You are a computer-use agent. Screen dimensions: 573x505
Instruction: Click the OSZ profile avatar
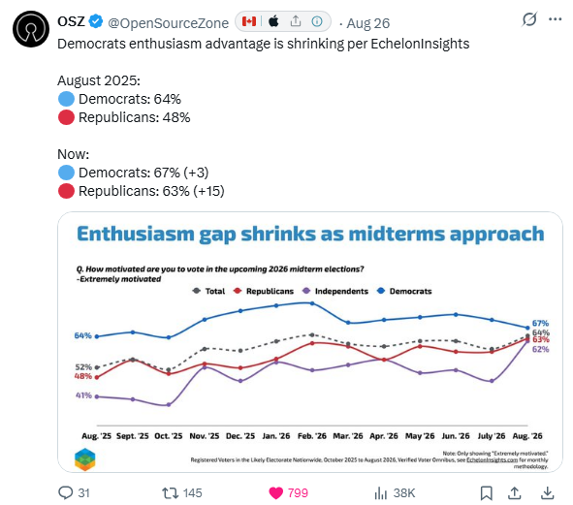[31, 29]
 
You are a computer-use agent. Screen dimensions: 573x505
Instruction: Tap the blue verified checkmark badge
[96, 21]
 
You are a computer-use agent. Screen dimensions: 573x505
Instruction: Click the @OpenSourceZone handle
[169, 23]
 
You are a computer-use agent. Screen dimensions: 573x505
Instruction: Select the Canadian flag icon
[249, 21]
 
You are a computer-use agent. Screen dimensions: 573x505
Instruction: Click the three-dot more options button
[556, 19]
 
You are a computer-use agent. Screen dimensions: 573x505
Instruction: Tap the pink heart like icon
[276, 493]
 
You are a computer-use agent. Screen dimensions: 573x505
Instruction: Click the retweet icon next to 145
[170, 493]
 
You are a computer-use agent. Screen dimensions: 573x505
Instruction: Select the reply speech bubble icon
[66, 493]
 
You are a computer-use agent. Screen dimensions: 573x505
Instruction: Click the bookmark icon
[487, 493]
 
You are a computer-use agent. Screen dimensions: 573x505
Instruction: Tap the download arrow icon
[547, 493]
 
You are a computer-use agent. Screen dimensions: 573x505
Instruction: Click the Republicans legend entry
[264, 291]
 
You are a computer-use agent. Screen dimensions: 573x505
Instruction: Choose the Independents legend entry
[335, 291]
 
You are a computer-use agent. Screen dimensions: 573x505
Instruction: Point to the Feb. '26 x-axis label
[312, 436]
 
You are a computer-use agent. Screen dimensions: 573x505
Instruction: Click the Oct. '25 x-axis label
[168, 436]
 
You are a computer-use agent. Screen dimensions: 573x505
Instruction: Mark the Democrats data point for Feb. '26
[312, 303]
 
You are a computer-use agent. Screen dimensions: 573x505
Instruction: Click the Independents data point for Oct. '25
[169, 405]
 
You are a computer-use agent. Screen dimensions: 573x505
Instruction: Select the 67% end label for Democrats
[540, 324]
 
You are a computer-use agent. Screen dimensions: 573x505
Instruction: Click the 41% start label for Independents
[83, 395]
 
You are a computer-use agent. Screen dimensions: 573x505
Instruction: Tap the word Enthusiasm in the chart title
[136, 234]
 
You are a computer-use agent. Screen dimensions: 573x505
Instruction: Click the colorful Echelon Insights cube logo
[84, 459]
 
